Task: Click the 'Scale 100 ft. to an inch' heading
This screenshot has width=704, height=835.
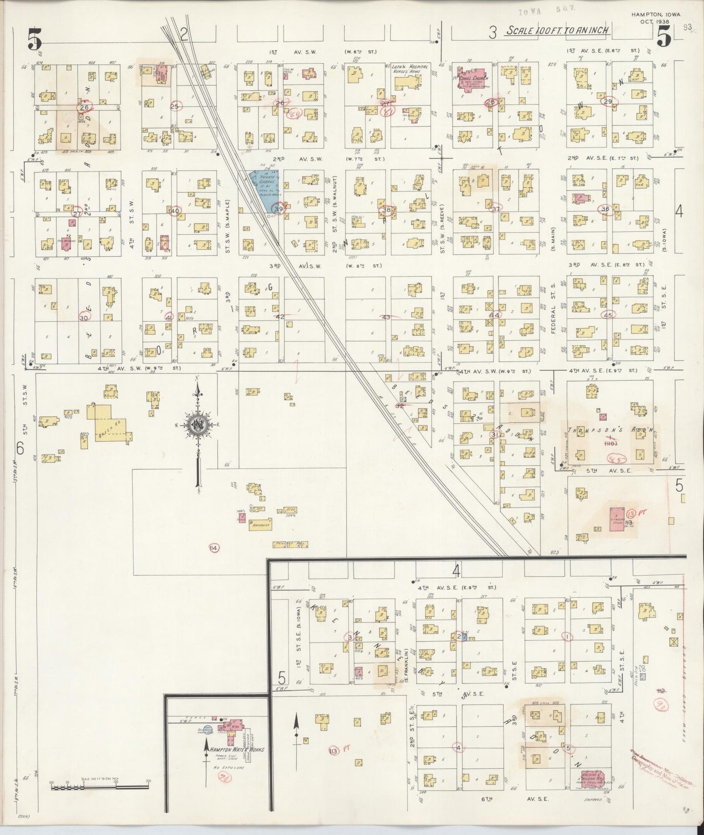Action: pyautogui.click(x=557, y=31)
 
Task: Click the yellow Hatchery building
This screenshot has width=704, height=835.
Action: pyautogui.click(x=261, y=525)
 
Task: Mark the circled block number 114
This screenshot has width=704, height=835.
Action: pyautogui.click(x=213, y=549)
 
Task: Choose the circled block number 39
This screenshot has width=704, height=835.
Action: pyautogui.click(x=279, y=209)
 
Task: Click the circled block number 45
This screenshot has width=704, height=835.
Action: pyautogui.click(x=608, y=315)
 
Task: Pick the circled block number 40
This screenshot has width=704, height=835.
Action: pyautogui.click(x=174, y=210)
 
